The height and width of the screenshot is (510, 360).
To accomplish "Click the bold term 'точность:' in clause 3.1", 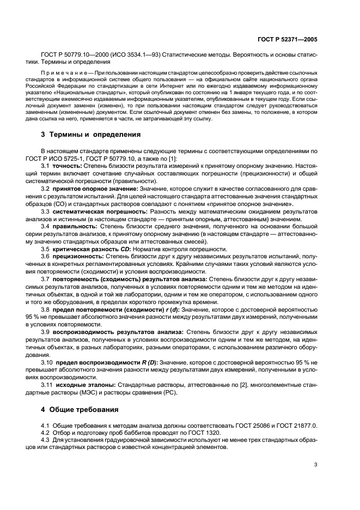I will pos(67,165).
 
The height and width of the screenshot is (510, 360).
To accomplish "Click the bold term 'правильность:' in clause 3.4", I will pos(72,225).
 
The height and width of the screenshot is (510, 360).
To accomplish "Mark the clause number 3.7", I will pos(45,278).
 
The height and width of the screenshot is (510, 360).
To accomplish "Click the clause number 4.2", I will pos(45,432).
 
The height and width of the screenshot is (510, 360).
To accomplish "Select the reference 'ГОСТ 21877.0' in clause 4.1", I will pos(295,424).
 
